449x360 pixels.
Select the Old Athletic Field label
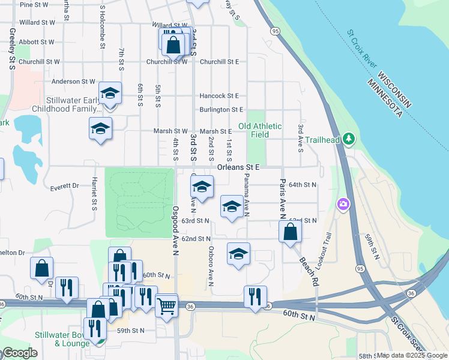260,130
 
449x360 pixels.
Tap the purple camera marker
343,205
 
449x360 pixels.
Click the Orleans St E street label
238,167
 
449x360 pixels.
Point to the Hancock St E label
219,96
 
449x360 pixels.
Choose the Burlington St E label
221,110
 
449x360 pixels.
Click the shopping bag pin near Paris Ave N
290,232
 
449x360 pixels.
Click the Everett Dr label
65,186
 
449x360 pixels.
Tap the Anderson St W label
74,82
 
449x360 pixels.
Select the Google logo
19,353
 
